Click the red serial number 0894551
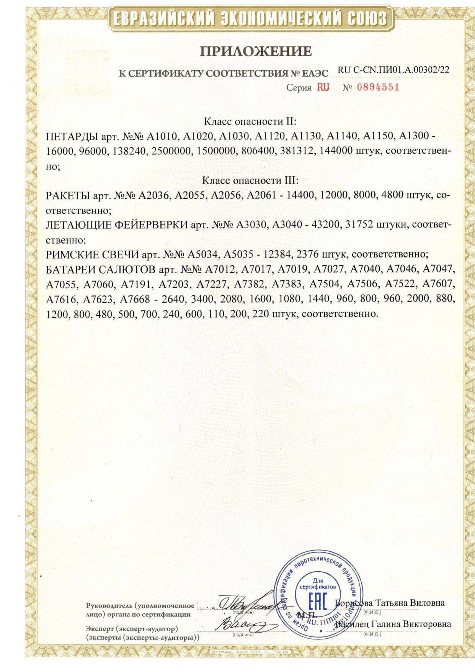point(378,87)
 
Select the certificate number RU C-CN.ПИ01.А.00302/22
point(393,70)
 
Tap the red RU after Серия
point(323,87)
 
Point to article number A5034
point(202,254)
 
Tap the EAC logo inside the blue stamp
point(318,603)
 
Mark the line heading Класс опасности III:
point(250,180)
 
